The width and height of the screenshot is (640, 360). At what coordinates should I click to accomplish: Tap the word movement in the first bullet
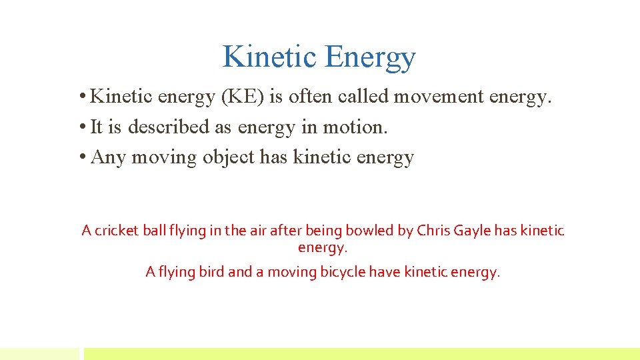(x=439, y=97)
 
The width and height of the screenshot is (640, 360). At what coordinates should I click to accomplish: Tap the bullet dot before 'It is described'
(x=81, y=127)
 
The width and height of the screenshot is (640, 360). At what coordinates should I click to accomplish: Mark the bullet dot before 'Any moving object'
(x=81, y=157)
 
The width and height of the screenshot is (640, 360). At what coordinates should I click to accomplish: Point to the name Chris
(x=433, y=231)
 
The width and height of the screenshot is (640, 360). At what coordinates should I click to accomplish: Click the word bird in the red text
(x=212, y=272)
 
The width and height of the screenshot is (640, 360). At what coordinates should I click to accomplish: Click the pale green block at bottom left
(x=39, y=353)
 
